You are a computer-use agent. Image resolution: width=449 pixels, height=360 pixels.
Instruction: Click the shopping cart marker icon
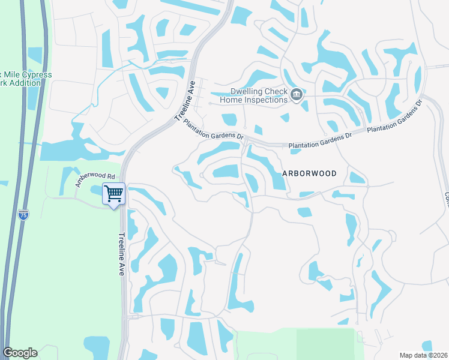click(113, 194)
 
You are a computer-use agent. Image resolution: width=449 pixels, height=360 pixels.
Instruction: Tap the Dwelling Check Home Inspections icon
click(296, 95)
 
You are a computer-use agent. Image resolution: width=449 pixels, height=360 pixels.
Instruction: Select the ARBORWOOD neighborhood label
click(309, 173)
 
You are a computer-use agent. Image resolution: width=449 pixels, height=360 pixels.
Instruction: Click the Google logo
click(20, 353)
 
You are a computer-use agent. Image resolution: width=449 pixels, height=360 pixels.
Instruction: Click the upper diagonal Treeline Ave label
click(185, 100)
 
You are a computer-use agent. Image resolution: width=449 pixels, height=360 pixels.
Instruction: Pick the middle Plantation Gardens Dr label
click(320, 142)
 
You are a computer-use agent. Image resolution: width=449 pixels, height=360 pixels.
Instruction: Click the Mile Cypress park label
click(27, 75)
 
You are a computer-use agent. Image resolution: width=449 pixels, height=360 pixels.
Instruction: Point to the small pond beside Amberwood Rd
click(96, 190)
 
